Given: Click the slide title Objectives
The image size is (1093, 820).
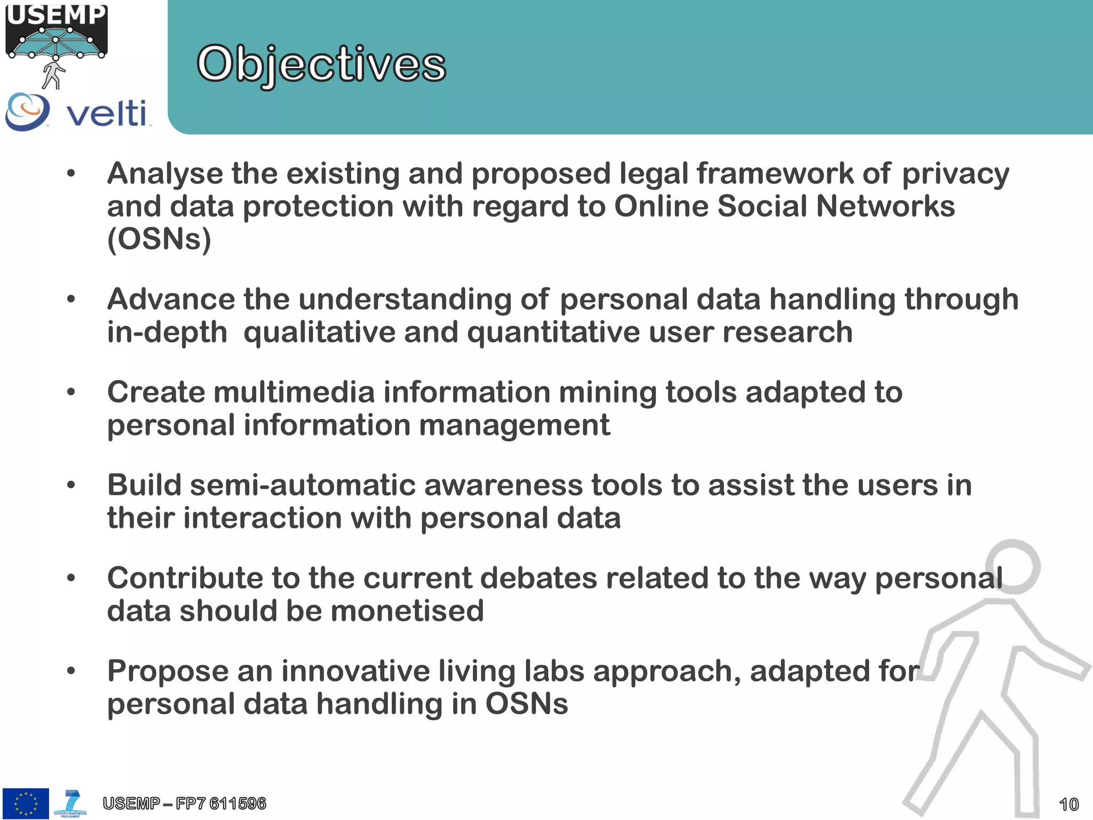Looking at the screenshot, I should [321, 64].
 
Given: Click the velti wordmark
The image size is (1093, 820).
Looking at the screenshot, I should [106, 113].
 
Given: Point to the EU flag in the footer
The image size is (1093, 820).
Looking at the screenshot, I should [26, 803].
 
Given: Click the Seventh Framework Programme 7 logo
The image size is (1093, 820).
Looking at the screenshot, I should [70, 803].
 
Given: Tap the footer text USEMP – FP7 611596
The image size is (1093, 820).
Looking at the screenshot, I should [184, 803].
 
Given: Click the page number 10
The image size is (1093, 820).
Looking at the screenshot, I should [1068, 804].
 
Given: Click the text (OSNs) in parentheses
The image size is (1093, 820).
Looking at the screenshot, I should [159, 239].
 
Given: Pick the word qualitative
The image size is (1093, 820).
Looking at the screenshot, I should [319, 332].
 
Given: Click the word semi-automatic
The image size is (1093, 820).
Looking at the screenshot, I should [303, 485].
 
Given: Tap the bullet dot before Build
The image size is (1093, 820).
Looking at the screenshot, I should [71, 485].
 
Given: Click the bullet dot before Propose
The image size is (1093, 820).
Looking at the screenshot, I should [71, 671].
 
